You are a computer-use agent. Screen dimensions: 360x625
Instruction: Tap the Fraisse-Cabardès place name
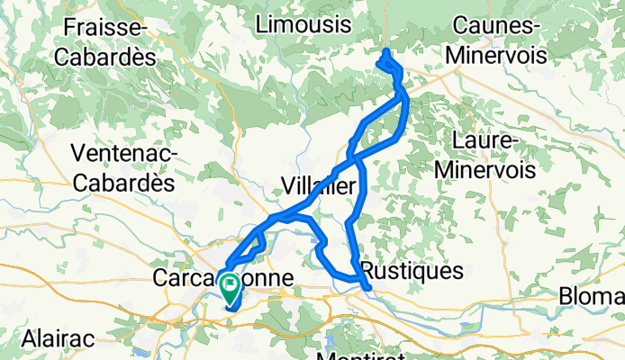click(106, 40)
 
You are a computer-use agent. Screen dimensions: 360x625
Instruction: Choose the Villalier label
click(321, 186)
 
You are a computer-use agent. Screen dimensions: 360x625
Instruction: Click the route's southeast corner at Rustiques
click(367, 288)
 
